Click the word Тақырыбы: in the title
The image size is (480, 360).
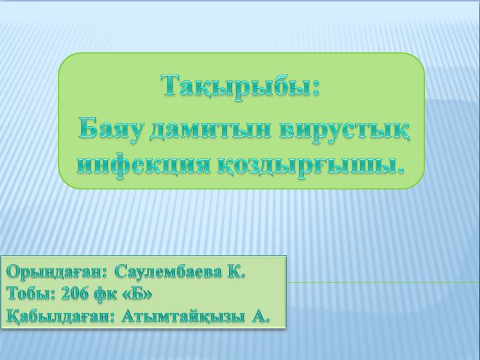pos(240,87)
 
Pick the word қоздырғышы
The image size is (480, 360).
pos(310,166)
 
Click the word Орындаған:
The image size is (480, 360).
pos(57,272)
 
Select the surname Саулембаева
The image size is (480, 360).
pos(168,272)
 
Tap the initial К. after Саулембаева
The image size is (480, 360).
pos(236,272)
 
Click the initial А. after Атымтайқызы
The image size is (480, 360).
pos(261,316)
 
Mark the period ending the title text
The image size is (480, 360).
pos(401,172)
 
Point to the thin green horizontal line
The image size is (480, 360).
pos(383,283)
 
